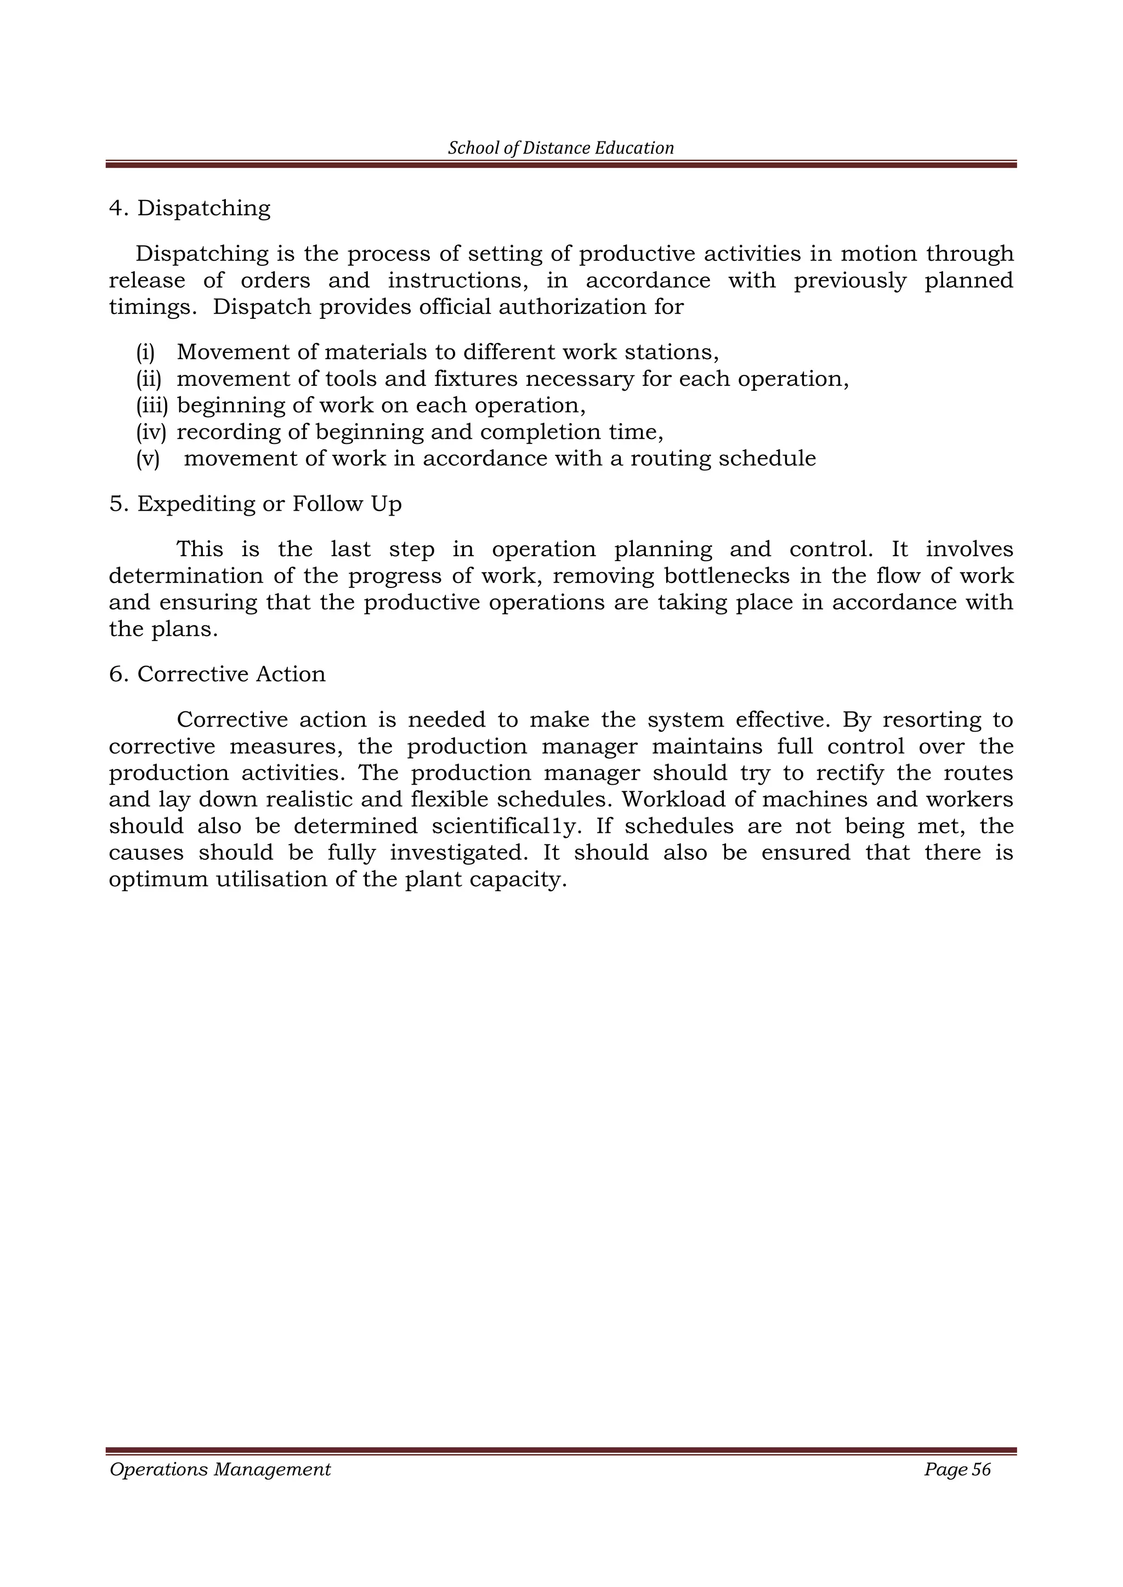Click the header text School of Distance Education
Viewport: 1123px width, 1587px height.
[561, 148]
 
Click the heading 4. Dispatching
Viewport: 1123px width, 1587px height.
[190, 208]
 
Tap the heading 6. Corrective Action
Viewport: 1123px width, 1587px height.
[217, 674]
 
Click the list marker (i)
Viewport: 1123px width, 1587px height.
[145, 352]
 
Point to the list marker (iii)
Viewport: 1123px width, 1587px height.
[152, 406]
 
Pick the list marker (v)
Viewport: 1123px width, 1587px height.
[148, 459]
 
